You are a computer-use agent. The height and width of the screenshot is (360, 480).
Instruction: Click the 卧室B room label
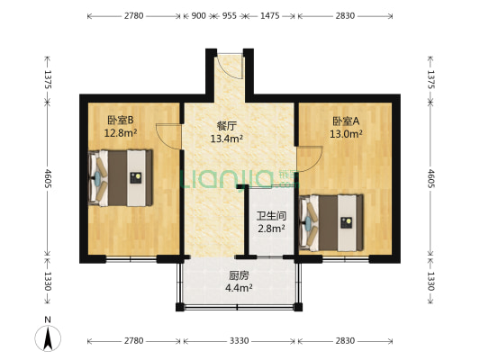(x=121, y=120)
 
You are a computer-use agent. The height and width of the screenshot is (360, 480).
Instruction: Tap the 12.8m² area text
(x=121, y=133)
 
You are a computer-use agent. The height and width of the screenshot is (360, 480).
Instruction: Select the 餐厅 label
(x=226, y=127)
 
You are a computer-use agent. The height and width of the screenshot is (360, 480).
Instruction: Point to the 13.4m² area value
(x=226, y=139)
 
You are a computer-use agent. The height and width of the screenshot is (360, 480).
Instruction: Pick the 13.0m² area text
(x=347, y=134)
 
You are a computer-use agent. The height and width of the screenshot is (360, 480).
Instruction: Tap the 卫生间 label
(x=271, y=215)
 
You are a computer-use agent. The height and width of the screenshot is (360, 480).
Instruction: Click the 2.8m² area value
(x=271, y=229)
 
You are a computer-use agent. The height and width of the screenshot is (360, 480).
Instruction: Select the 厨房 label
(x=239, y=275)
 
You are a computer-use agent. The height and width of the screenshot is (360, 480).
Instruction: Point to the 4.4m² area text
(x=239, y=289)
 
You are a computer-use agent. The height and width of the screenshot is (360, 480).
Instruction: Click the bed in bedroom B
(x=121, y=177)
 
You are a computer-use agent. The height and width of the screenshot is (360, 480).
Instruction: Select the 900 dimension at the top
(x=199, y=16)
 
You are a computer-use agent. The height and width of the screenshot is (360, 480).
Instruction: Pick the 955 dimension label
(x=230, y=16)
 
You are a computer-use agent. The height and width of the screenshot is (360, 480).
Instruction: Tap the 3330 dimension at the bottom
(x=239, y=341)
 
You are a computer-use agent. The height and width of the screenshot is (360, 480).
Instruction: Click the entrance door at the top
(x=230, y=67)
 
